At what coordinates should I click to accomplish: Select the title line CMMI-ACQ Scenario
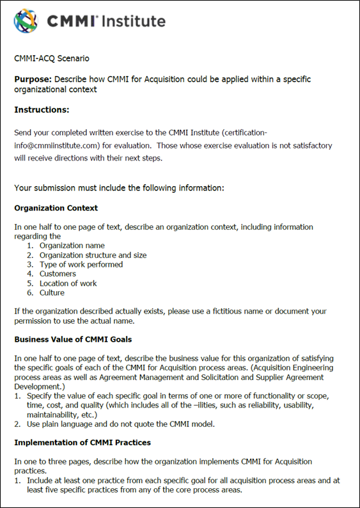pyautogui.click(x=52, y=58)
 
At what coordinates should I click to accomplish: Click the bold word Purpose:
pyautogui.click(x=33, y=79)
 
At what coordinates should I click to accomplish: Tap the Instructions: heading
pyautogui.click(x=42, y=110)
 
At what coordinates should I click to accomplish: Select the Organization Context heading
pyautogui.click(x=56, y=208)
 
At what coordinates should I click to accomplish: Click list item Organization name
pyautogui.click(x=72, y=246)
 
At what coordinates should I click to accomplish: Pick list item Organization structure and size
pyautogui.click(x=93, y=255)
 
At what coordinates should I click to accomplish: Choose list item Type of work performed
pyautogui.click(x=81, y=264)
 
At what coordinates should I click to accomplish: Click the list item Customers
pyautogui.click(x=58, y=274)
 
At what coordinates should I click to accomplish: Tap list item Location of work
pyautogui.click(x=68, y=283)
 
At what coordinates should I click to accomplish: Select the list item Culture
pyautogui.click(x=52, y=293)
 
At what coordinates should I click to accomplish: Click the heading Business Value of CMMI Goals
pyautogui.click(x=73, y=339)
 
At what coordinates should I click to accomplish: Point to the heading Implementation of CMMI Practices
pyautogui.click(x=82, y=442)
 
